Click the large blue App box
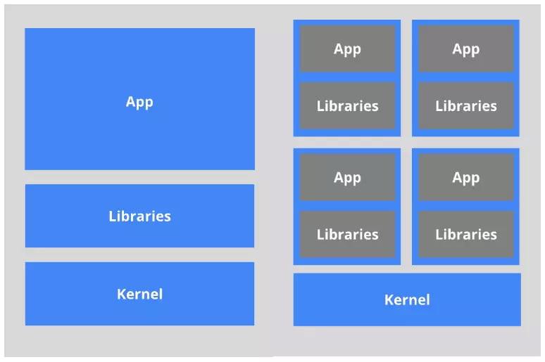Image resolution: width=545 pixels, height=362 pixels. click(139, 99)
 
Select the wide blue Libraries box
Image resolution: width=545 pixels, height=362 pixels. click(139, 216)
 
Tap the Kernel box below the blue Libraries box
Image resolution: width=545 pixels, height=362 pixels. click(139, 294)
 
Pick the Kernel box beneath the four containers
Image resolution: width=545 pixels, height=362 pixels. click(407, 299)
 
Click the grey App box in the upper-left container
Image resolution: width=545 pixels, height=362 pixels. click(347, 49)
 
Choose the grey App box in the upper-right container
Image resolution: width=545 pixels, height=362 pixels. click(466, 49)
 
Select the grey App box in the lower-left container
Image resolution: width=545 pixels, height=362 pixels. click(347, 177)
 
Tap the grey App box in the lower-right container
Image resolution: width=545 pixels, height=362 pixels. click(466, 177)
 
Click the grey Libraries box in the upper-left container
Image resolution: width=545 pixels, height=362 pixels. click(347, 105)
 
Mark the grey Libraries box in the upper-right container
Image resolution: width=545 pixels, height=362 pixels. click(466, 105)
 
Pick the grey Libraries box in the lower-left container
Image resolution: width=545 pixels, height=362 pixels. click(347, 234)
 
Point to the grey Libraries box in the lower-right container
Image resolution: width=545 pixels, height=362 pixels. click(466, 234)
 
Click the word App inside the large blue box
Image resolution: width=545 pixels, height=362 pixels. click(139, 103)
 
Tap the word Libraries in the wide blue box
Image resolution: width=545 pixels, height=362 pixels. click(139, 216)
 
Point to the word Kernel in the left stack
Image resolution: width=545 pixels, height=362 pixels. click(139, 294)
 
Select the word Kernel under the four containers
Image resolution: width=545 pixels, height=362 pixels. click(407, 300)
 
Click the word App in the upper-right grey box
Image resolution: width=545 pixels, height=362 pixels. click(465, 50)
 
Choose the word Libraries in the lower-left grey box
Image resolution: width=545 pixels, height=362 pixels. click(348, 234)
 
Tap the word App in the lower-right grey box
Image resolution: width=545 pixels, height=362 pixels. click(465, 179)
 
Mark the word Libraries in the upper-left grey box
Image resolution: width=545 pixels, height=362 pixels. click(348, 106)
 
